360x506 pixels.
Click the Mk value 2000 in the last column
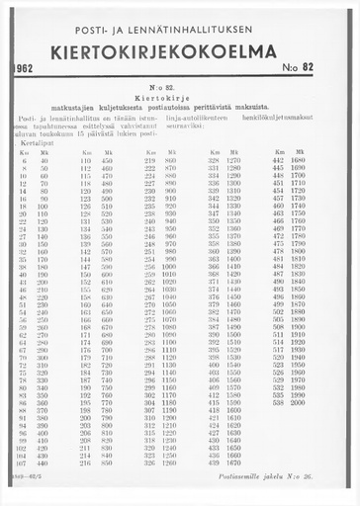[298, 403]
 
